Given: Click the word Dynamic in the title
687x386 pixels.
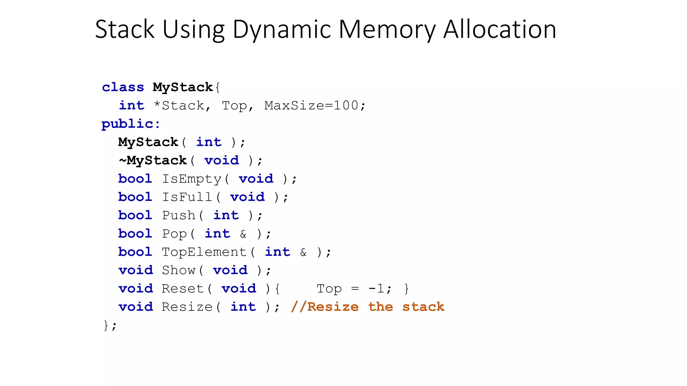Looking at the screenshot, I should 281,29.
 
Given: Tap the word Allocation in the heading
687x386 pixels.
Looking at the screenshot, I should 500,29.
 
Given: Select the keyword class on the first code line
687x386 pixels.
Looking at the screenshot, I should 123,87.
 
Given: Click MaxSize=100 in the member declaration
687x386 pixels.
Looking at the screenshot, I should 311,106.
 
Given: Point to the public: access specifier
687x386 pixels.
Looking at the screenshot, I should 131,124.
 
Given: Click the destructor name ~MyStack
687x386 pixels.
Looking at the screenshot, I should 153,160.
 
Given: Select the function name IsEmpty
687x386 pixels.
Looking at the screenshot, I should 192,179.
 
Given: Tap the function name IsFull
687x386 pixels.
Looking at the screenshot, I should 187,197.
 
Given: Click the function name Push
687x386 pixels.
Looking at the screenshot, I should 178,215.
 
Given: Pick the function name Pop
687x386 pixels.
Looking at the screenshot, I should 174,234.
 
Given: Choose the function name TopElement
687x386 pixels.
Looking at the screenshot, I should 204,252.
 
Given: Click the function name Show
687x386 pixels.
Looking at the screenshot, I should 178,270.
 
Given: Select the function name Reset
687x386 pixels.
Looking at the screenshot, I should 183,288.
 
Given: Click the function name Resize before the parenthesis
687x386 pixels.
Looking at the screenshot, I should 187,307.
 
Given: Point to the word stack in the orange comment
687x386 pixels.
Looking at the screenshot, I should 423,307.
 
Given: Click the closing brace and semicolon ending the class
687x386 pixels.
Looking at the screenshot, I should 110,325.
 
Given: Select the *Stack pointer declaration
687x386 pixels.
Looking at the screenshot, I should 178,106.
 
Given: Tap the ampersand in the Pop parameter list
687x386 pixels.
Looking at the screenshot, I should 243,234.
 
